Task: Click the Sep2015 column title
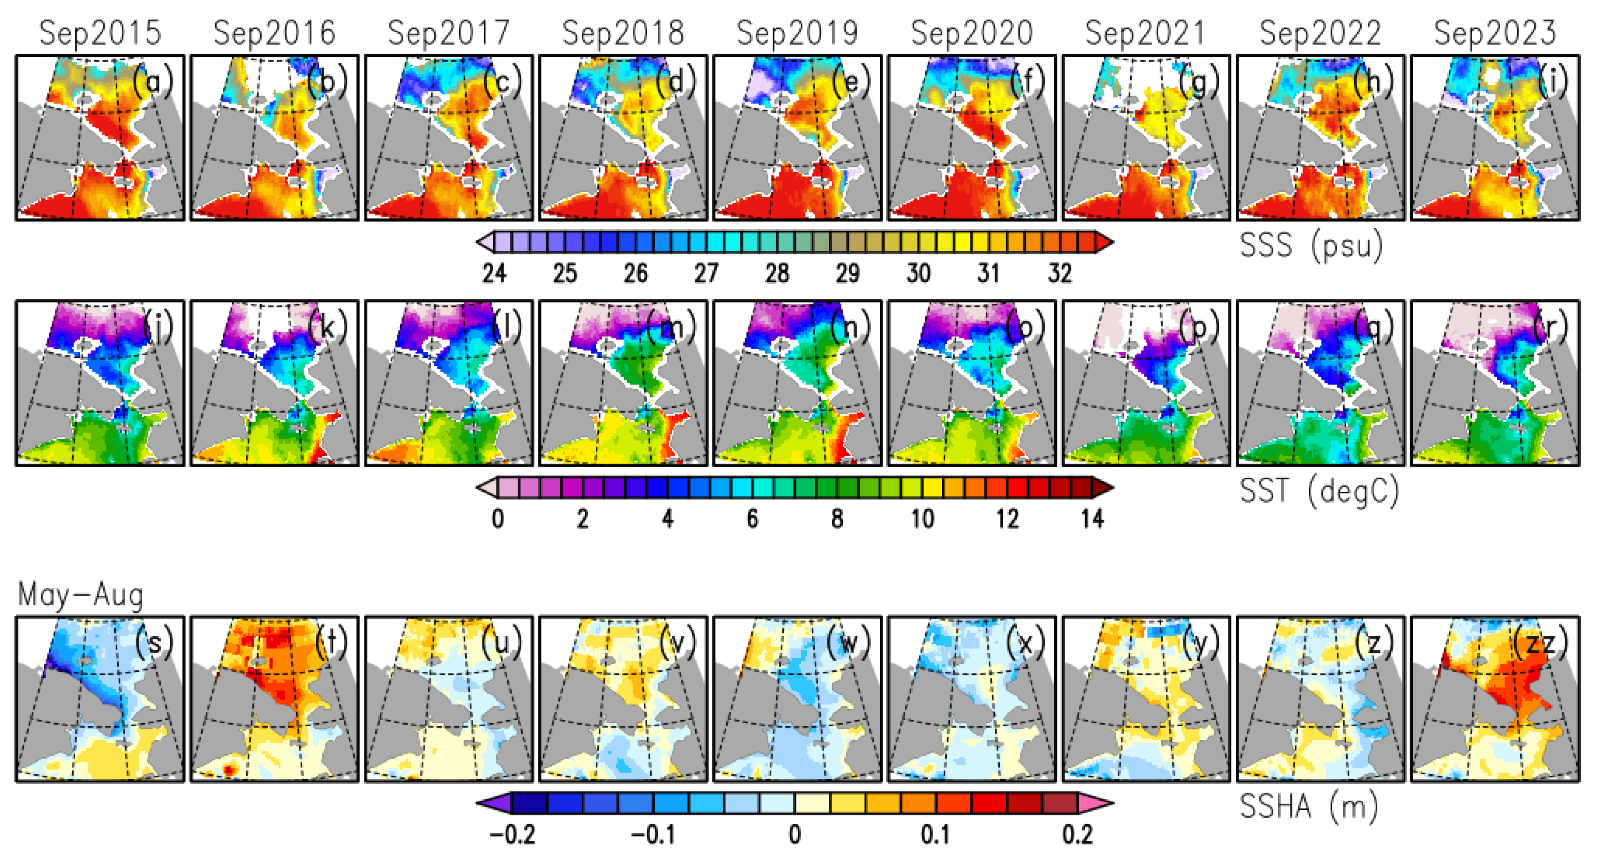point(100,33)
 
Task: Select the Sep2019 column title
point(797,33)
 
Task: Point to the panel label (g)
point(1199,81)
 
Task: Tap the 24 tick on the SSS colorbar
point(495,273)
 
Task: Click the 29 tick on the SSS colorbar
point(847,273)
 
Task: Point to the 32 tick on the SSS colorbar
point(1060,273)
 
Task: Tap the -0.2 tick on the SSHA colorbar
point(512,835)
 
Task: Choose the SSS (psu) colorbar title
point(1311,246)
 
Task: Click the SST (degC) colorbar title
point(1319,491)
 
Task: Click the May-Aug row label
point(81,595)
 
